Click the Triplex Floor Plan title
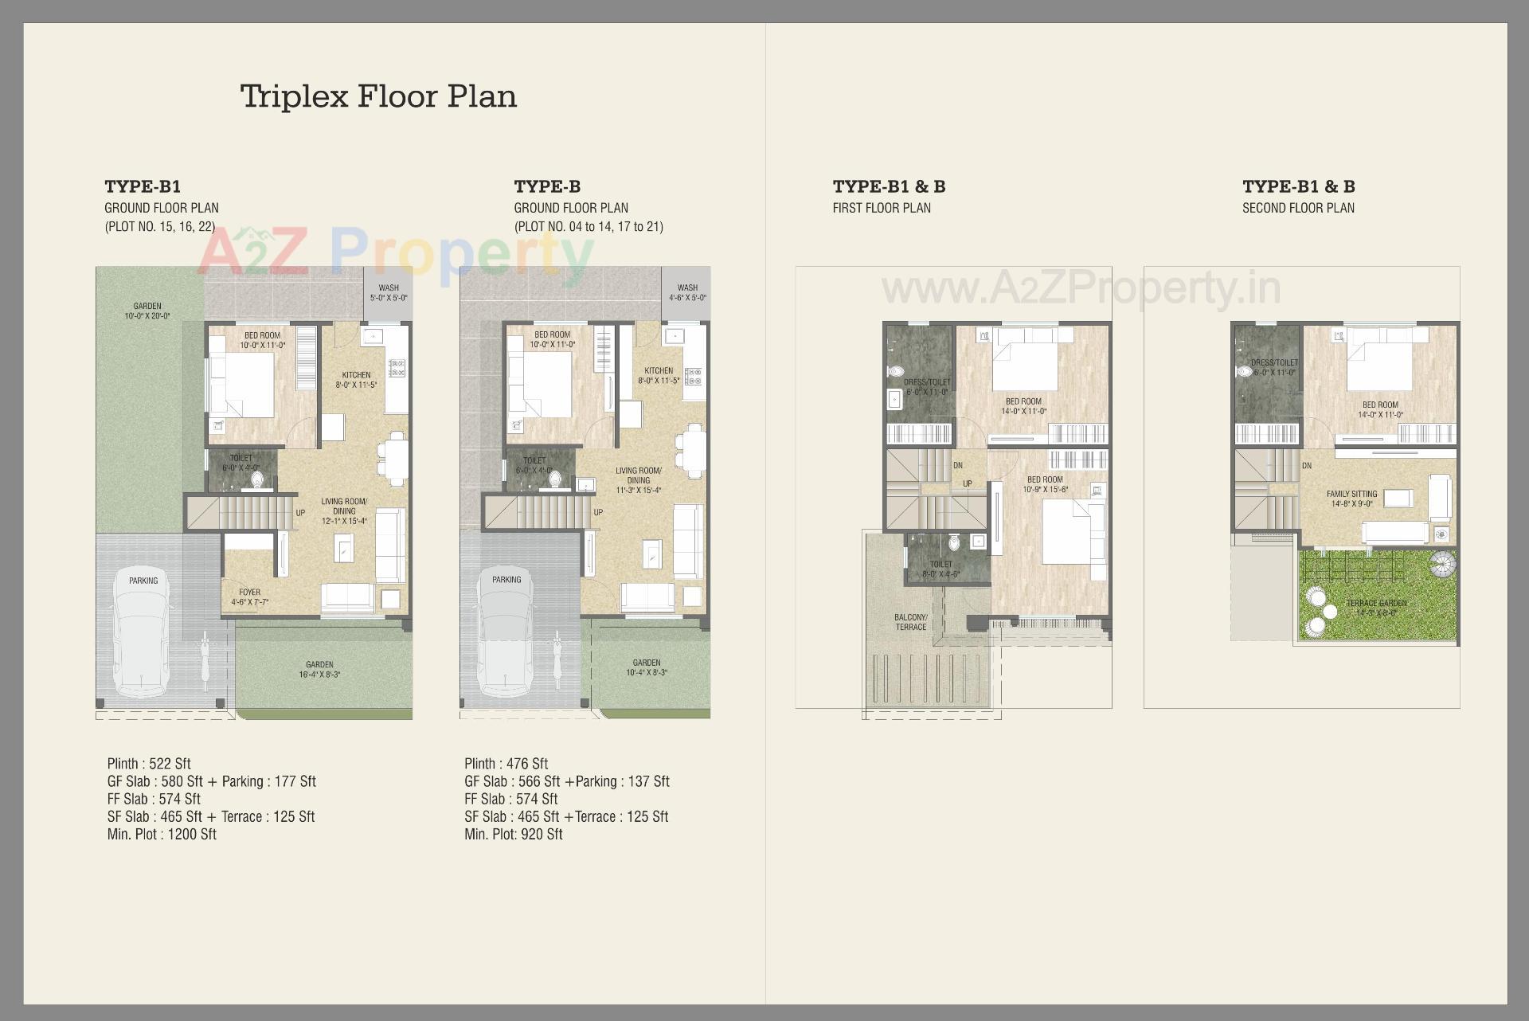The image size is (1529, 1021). click(x=378, y=96)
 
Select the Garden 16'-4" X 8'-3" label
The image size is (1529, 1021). click(x=319, y=669)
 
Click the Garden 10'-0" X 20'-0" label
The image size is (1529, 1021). click(x=147, y=311)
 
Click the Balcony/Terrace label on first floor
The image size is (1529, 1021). click(x=910, y=622)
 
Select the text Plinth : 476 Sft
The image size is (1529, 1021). click(x=506, y=764)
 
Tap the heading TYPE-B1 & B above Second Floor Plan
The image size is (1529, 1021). click(x=1298, y=186)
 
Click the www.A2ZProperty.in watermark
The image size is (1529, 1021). click(x=1081, y=288)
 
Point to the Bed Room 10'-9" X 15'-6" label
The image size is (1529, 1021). click(x=1045, y=484)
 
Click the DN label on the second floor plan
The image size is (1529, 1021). click(x=1306, y=466)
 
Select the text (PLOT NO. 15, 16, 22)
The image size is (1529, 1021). click(x=159, y=226)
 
